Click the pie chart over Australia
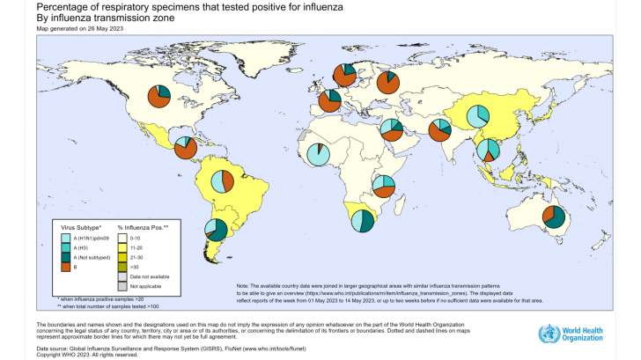tap(554, 217)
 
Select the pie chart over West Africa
tap(319, 156)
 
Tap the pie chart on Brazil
tap(223, 182)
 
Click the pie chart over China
tap(477, 115)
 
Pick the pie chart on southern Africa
tap(362, 221)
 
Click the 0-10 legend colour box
tap(123, 239)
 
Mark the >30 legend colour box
tap(123, 266)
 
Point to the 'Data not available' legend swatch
tap(123, 276)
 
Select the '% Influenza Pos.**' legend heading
tap(144, 228)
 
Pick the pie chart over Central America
tap(186, 148)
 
